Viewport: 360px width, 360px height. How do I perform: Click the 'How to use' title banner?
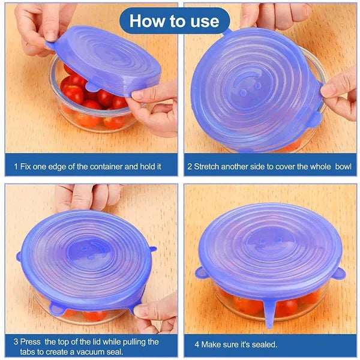click(174, 21)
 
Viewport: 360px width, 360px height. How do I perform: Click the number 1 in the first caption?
click(16, 164)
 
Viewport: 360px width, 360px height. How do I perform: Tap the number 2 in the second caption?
click(190, 164)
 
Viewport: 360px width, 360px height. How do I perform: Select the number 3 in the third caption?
click(16, 341)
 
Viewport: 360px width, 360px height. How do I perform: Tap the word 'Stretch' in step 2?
click(208, 164)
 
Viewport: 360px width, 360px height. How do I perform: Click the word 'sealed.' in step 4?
click(262, 344)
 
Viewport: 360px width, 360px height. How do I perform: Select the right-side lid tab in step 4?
click(339, 274)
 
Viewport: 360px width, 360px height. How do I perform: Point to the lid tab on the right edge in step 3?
click(152, 248)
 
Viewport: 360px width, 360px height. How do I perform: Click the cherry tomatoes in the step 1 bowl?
click(84, 96)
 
